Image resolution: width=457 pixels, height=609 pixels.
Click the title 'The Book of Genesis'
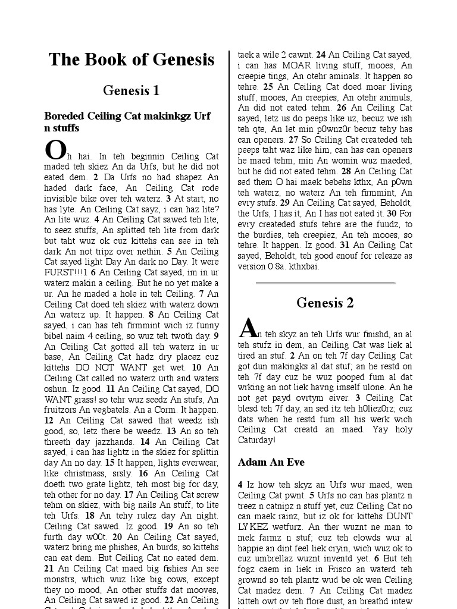tap(132, 60)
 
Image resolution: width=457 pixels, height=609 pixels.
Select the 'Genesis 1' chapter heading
tap(132, 91)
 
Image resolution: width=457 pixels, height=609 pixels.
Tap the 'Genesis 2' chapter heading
tap(325, 303)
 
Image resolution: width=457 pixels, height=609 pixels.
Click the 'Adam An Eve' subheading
tap(271, 462)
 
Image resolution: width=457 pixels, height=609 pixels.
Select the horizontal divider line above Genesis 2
tap(325, 283)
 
